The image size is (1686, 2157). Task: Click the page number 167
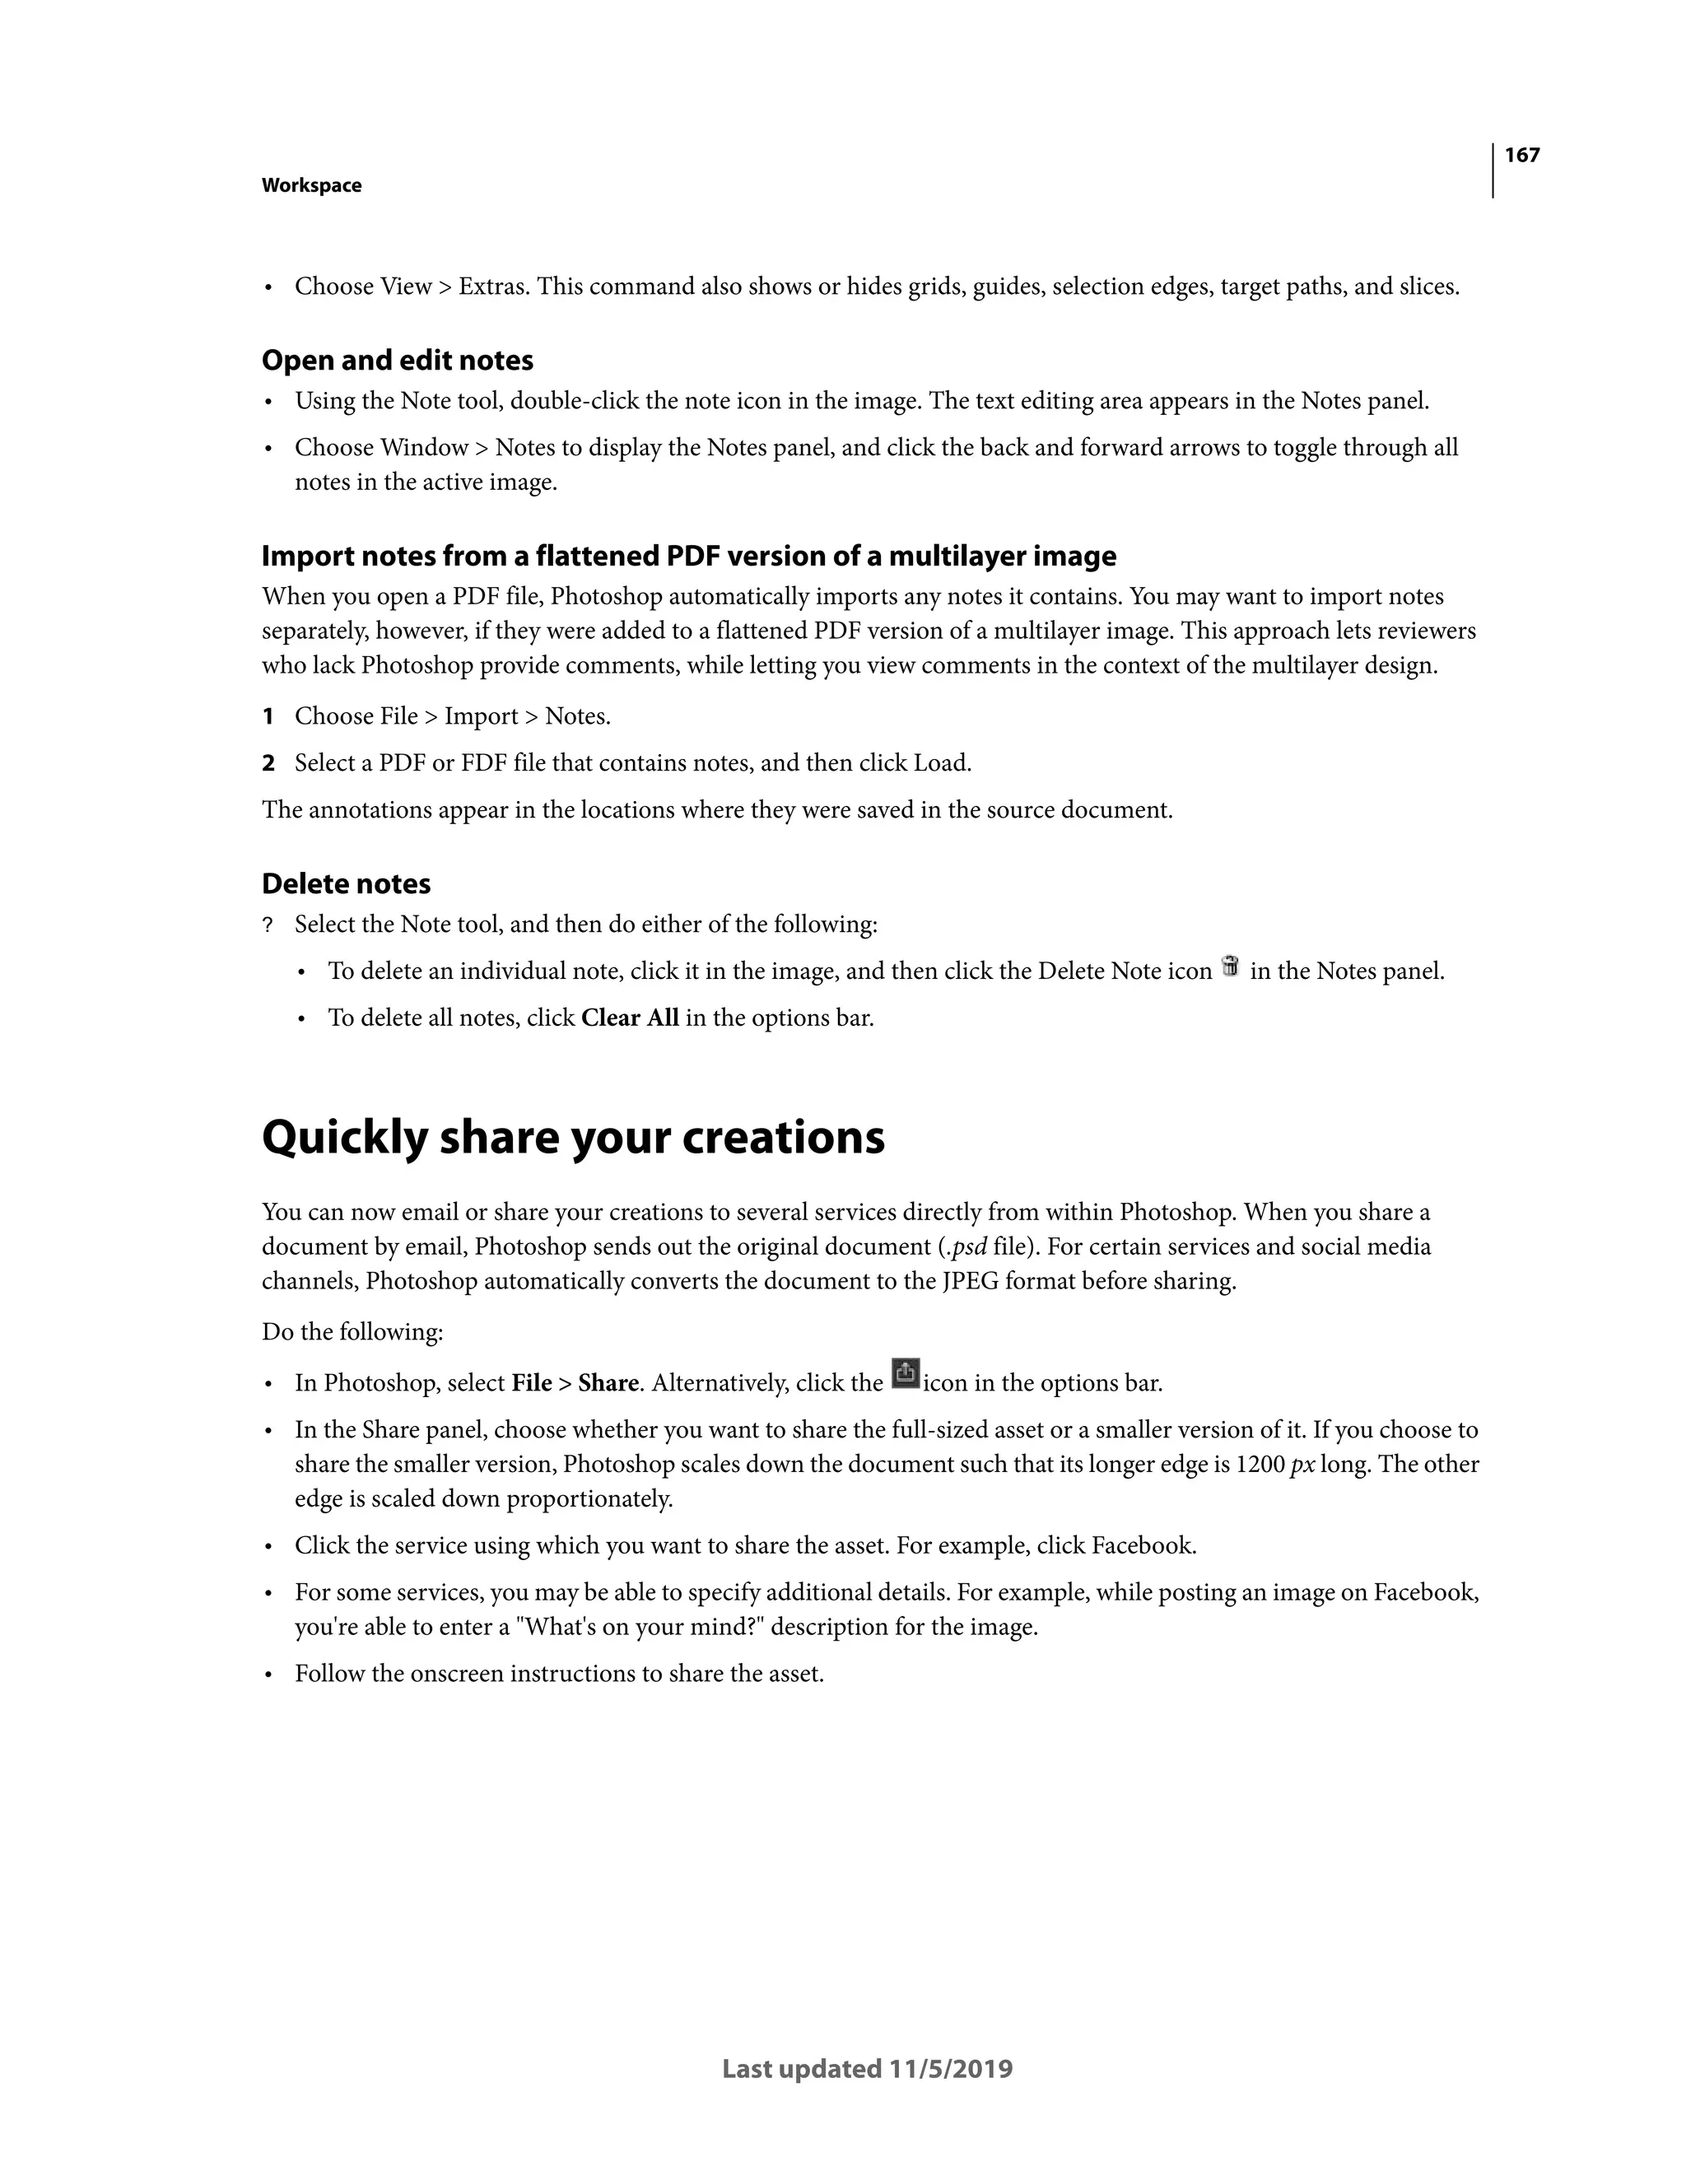[x=1521, y=155]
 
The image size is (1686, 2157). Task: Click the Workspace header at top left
[x=311, y=186]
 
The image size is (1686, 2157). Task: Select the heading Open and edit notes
[x=397, y=361]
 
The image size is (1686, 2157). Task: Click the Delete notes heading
[x=346, y=884]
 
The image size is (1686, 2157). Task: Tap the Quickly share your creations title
[x=573, y=1137]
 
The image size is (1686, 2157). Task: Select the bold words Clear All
[x=629, y=1018]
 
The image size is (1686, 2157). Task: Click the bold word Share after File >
[x=608, y=1384]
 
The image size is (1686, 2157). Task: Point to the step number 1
[x=268, y=717]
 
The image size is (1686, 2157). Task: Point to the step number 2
[x=268, y=763]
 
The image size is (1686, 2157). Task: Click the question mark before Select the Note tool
[x=267, y=925]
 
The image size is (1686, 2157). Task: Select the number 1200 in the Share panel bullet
[x=1260, y=1465]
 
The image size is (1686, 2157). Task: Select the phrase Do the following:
[x=352, y=1332]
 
